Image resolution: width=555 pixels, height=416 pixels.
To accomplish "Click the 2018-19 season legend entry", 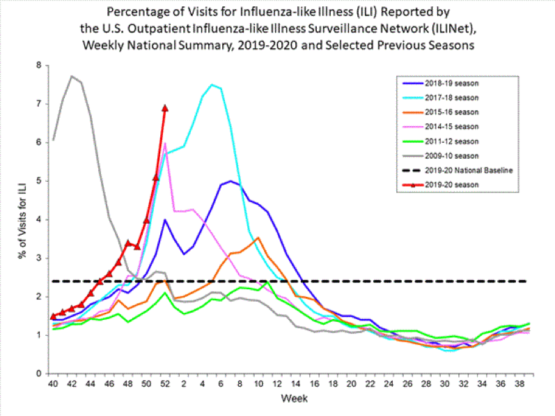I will coord(445,84).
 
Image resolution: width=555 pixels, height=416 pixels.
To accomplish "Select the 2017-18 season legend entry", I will coord(445,98).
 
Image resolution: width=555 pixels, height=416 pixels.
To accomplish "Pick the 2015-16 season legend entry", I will coord(445,112).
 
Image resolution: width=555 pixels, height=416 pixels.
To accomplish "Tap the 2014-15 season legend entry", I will coord(445,127).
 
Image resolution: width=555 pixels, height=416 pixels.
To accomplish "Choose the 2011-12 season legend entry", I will coord(445,141).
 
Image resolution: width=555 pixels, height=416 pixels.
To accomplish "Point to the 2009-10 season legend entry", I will coord(445,156).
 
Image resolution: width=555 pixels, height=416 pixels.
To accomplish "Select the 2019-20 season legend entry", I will coord(445,185).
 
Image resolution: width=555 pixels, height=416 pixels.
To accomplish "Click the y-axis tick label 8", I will coord(39,66).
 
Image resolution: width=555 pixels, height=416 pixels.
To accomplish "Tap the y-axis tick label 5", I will coord(39,181).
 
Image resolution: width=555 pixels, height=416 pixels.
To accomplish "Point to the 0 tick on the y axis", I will coord(39,373).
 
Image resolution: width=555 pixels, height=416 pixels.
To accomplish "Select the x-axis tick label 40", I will coord(53,383).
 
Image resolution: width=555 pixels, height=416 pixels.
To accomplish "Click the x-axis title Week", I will coord(290,399).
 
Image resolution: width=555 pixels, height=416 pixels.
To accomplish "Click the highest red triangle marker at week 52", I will coord(165,107).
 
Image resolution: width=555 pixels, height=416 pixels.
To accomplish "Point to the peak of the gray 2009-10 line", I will coord(72,76).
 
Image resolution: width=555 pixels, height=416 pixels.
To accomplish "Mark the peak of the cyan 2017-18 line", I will coord(211,84).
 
